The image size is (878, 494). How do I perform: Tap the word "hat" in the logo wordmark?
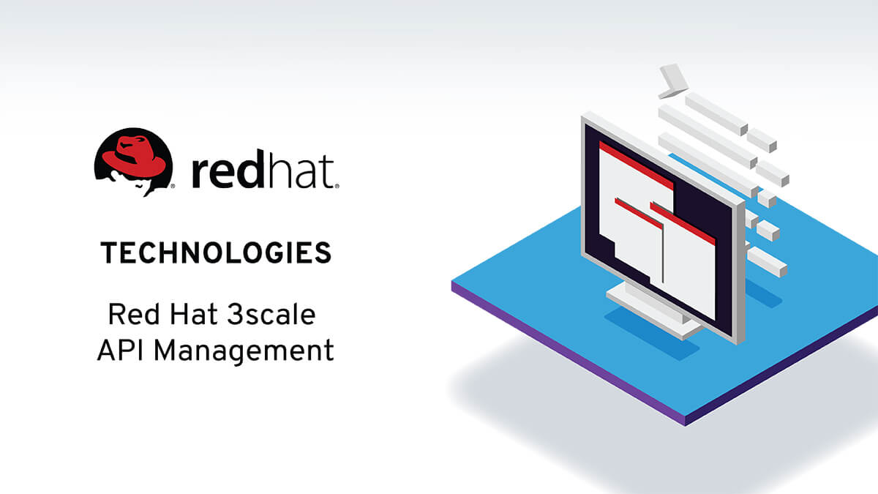(x=302, y=173)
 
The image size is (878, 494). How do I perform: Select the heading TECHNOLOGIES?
(x=216, y=253)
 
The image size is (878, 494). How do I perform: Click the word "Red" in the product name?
(x=130, y=315)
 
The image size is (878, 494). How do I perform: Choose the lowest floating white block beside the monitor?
(x=767, y=263)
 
